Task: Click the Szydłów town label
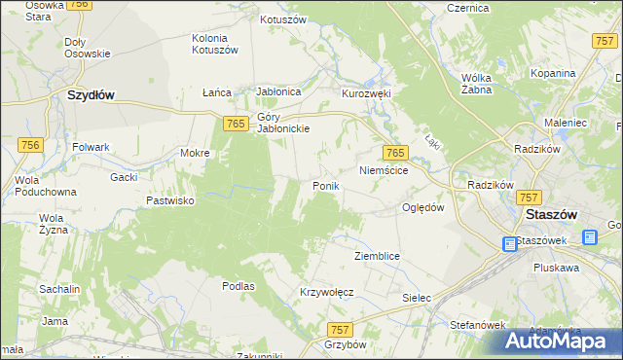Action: point(92,95)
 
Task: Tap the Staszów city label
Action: point(553,214)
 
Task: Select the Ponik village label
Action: point(325,186)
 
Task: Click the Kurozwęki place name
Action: point(365,93)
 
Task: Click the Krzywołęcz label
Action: point(326,292)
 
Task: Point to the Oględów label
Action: point(423,207)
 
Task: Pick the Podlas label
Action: point(238,286)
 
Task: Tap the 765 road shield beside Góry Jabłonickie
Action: point(234,123)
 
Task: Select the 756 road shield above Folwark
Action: point(31,143)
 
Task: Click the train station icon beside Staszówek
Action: point(510,244)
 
